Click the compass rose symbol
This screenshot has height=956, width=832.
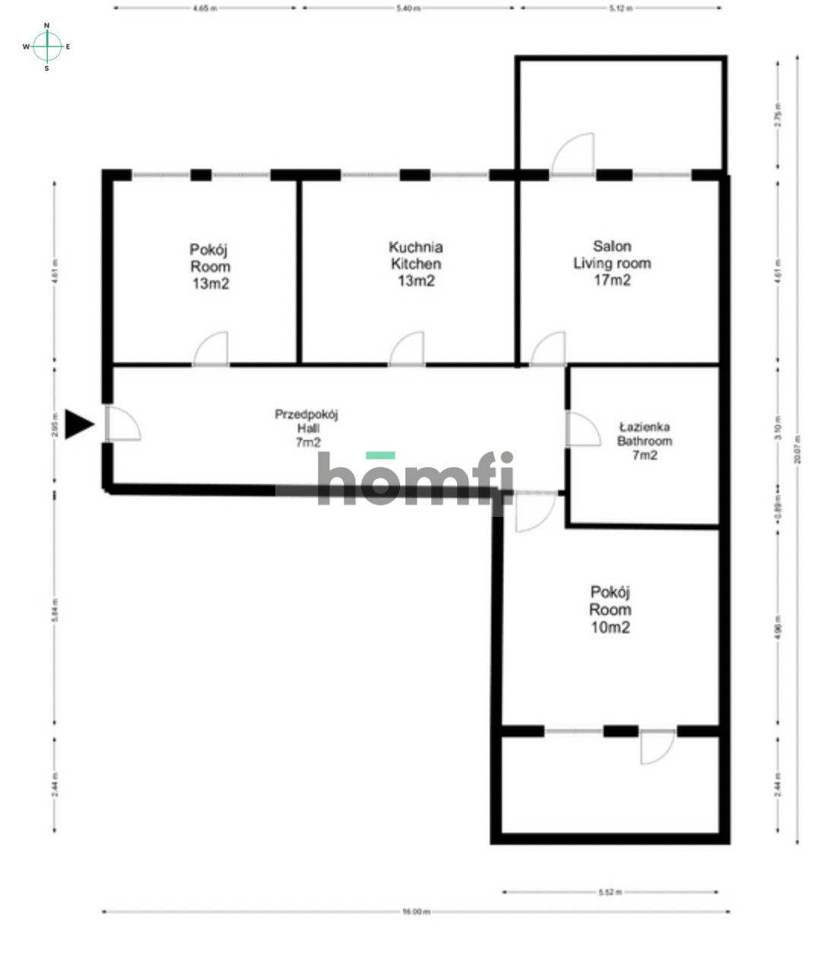pyautogui.click(x=47, y=46)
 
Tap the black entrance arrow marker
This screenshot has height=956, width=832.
pyautogui.click(x=78, y=424)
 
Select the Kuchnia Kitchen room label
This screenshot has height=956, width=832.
pyautogui.click(x=415, y=264)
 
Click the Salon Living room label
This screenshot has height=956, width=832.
pyautogui.click(x=611, y=263)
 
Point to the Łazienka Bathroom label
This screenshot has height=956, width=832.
pyautogui.click(x=644, y=441)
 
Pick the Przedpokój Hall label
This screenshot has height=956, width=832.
pyautogui.click(x=306, y=428)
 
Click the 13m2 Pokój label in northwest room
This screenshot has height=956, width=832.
pyautogui.click(x=210, y=267)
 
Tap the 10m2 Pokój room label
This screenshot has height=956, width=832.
pyautogui.click(x=610, y=610)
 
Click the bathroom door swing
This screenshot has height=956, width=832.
pyautogui.click(x=583, y=429)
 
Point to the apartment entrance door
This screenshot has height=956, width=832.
pyautogui.click(x=122, y=423)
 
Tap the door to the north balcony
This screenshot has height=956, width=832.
pyautogui.click(x=573, y=155)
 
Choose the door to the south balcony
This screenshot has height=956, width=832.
pyautogui.click(x=656, y=746)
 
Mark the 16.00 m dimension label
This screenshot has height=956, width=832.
pyautogui.click(x=416, y=911)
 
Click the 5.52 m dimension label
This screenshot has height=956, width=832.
pyautogui.click(x=611, y=891)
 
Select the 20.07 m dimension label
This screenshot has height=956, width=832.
pyautogui.click(x=797, y=449)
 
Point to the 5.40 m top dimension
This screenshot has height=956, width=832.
pyautogui.click(x=409, y=8)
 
